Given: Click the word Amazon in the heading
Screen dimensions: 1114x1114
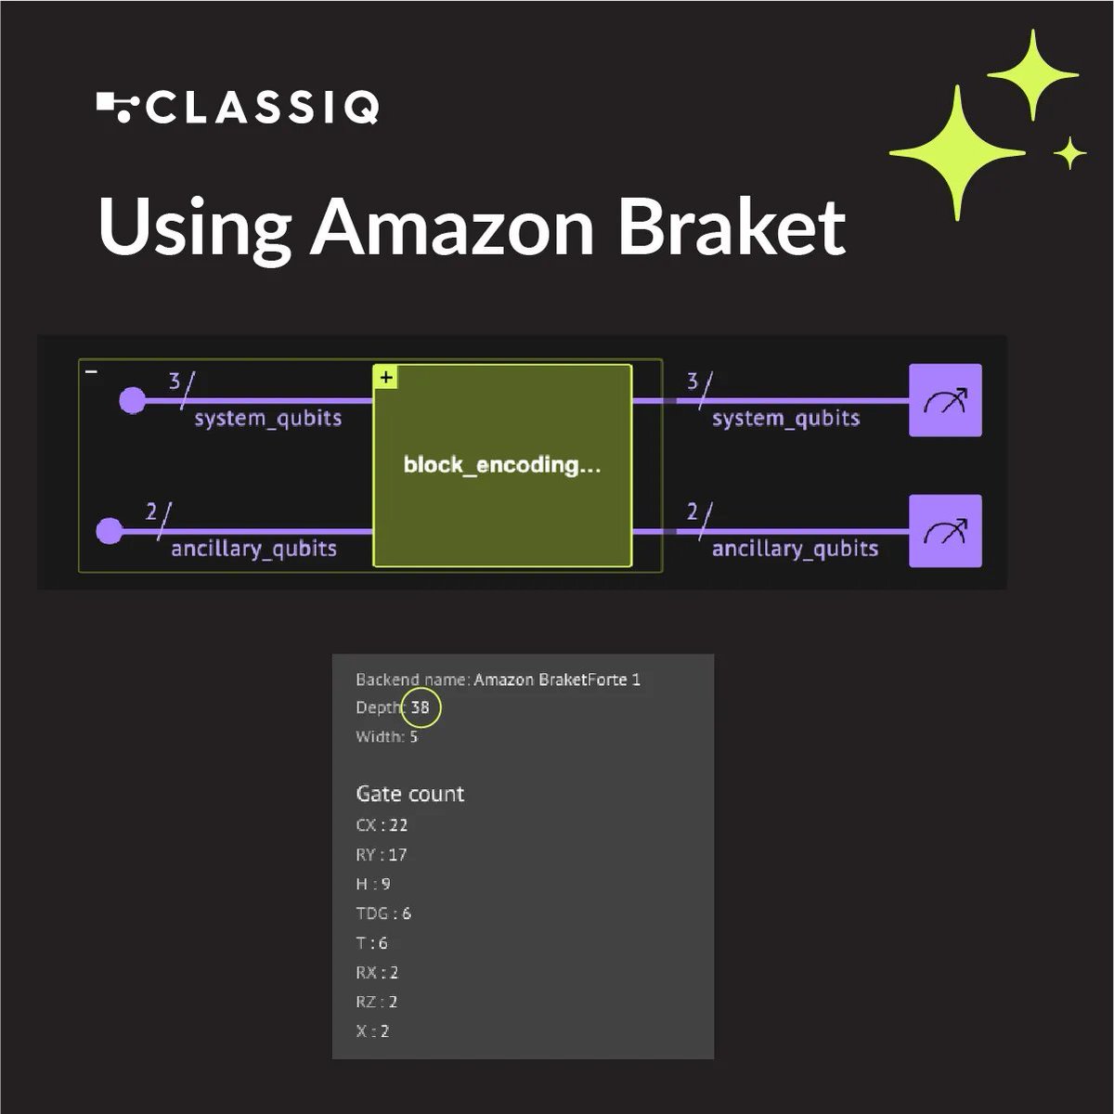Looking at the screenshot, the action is pos(451,227).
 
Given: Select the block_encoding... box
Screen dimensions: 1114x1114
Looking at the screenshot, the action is pos(502,465).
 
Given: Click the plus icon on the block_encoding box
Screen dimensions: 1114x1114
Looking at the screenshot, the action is pos(386,377).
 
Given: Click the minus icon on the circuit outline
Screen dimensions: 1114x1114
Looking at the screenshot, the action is pos(91,371).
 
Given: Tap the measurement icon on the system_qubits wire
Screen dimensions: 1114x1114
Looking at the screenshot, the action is pos(945,400).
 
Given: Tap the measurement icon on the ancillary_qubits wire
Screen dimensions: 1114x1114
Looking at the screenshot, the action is pos(945,531).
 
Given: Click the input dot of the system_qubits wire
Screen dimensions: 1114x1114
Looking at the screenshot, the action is pos(133,401).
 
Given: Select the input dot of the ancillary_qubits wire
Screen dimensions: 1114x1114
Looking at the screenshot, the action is pos(110,531).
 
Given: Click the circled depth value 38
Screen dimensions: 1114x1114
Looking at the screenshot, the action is pos(421,707).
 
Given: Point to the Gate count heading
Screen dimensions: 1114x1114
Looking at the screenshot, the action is pos(409,794).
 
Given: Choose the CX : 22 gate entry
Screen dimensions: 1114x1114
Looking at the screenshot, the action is pos(382,825).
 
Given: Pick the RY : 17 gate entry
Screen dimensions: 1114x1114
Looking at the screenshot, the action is pos(382,855).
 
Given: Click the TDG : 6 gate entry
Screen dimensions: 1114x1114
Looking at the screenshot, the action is pos(383,913).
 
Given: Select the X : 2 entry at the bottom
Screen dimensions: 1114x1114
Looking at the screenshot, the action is pos(372,1031).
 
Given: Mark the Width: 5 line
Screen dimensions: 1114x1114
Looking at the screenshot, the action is pos(387,737).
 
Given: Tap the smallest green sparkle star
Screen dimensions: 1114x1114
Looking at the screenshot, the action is pos(1070,153).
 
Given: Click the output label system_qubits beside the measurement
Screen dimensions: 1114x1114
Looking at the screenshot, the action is pos(785,419).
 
